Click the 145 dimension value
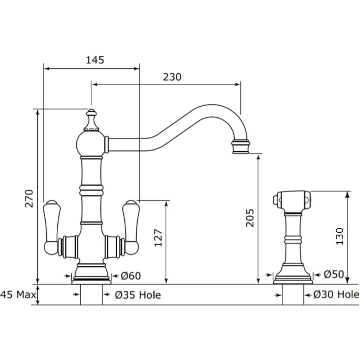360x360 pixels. (x=95, y=60)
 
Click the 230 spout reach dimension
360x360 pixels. (x=172, y=77)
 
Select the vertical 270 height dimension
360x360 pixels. (x=29, y=198)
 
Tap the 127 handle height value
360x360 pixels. (x=158, y=238)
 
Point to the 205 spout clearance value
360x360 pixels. (x=250, y=218)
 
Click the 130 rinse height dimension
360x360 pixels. (x=340, y=236)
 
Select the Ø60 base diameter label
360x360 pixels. (x=130, y=276)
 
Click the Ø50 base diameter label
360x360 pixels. (x=334, y=274)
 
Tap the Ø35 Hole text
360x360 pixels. (x=138, y=295)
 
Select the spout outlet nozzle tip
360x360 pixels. (x=241, y=147)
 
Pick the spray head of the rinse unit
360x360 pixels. (x=292, y=201)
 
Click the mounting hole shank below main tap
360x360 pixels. (x=91, y=295)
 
